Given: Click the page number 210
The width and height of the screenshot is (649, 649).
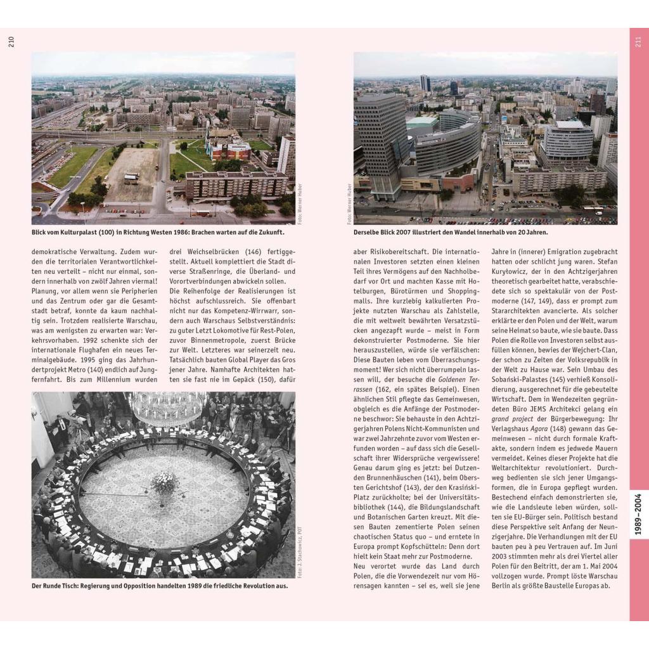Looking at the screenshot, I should tap(11, 42).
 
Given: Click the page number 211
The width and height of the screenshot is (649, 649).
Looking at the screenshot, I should tap(638, 42).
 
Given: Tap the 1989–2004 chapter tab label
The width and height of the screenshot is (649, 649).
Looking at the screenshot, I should tap(638, 514).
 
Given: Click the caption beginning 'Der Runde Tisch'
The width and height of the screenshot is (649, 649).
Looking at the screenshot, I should tap(160, 586).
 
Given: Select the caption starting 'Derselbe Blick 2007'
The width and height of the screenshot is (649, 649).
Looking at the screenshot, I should tap(450, 233).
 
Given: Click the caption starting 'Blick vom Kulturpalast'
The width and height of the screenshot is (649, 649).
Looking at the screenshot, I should tap(162, 233).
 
